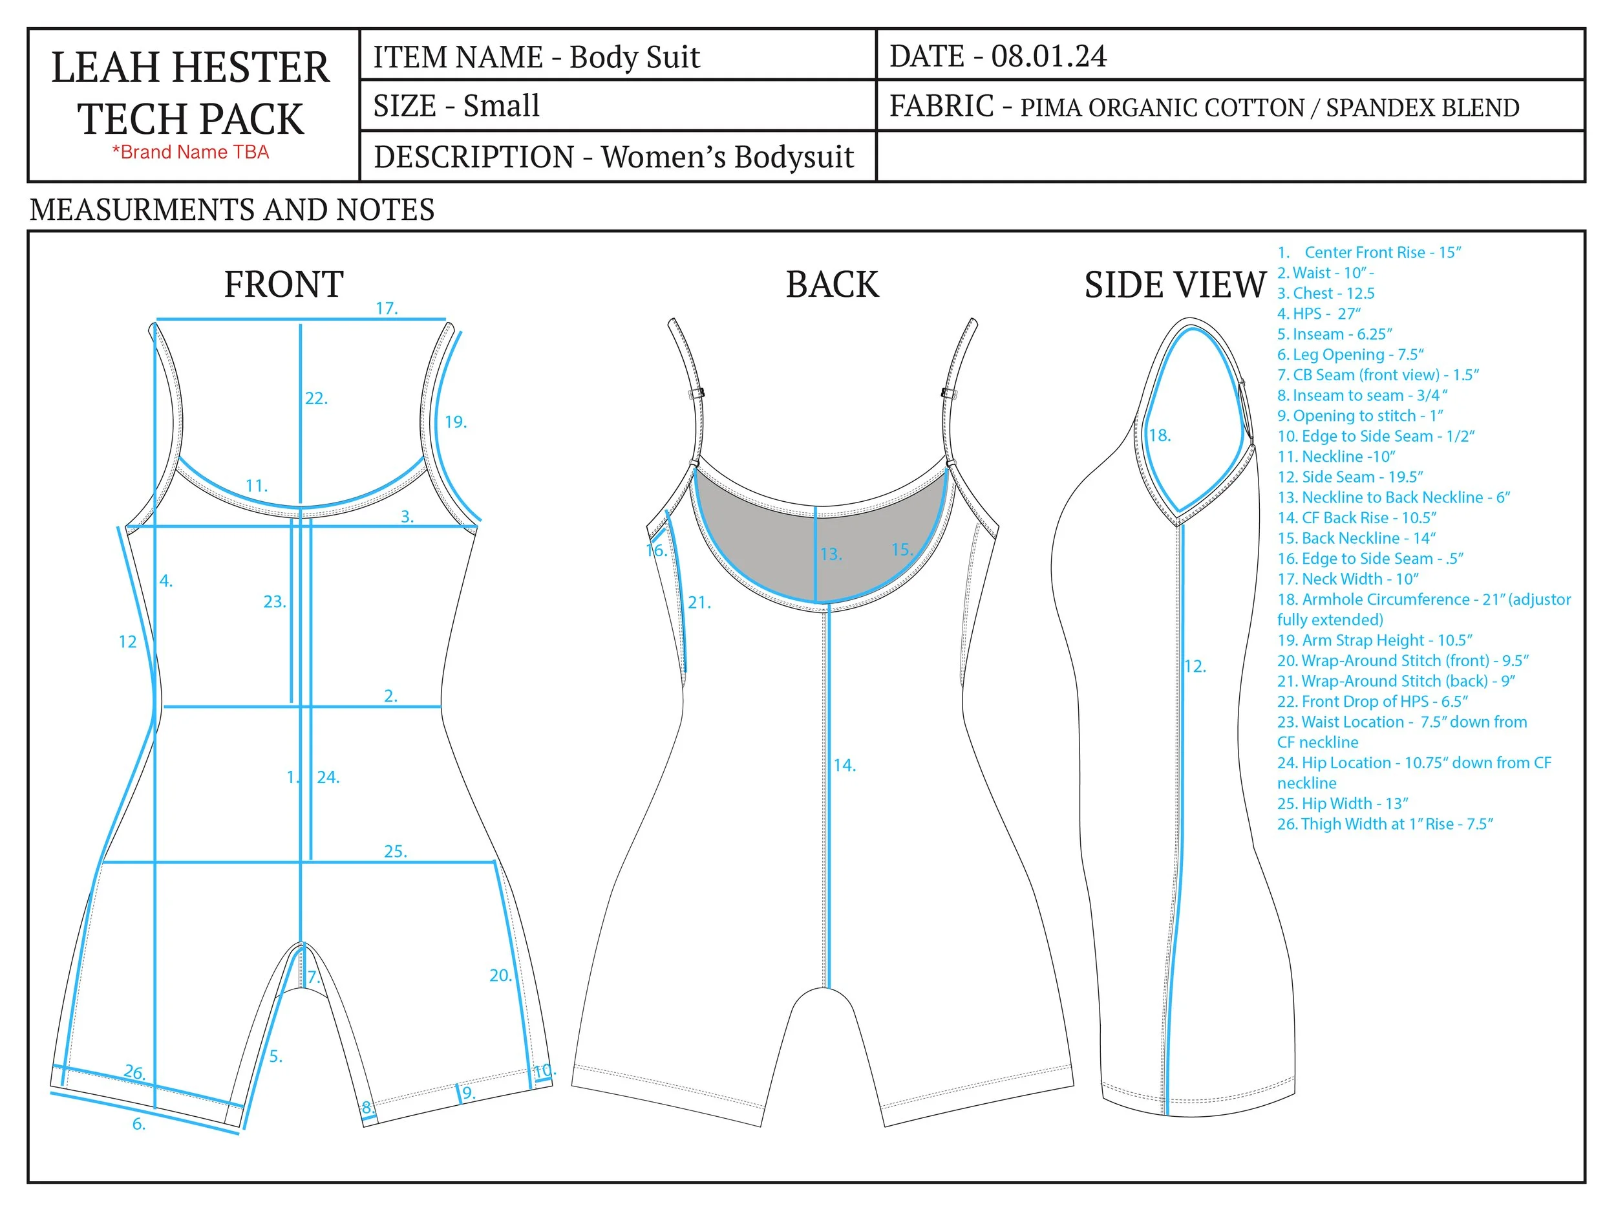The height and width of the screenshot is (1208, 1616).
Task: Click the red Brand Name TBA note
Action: (x=190, y=152)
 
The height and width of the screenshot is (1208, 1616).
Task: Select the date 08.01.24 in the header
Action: (x=1048, y=56)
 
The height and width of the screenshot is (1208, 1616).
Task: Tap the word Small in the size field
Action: (x=501, y=106)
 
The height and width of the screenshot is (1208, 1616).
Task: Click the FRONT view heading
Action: (x=284, y=285)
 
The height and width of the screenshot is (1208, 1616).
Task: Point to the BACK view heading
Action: (x=832, y=285)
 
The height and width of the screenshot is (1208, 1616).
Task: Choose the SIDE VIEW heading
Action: (x=1175, y=285)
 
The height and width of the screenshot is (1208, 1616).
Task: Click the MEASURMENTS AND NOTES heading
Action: (x=232, y=210)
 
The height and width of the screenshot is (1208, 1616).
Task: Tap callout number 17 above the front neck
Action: (x=387, y=308)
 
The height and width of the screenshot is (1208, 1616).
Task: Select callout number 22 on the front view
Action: (x=316, y=398)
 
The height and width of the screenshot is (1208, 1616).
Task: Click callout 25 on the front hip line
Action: (x=395, y=852)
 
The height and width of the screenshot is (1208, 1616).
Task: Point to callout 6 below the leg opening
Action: (x=139, y=1124)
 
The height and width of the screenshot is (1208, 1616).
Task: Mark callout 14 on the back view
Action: (x=845, y=765)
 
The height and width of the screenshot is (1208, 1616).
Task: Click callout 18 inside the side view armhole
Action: (x=1160, y=436)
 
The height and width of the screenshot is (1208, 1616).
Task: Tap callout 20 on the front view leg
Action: (x=500, y=975)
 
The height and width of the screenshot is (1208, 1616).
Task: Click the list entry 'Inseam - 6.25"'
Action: (x=1334, y=334)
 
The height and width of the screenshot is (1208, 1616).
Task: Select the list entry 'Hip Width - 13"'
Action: (x=1342, y=803)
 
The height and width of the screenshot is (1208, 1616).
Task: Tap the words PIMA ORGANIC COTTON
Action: (x=1162, y=108)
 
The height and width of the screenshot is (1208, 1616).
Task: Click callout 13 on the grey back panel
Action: (x=831, y=554)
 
